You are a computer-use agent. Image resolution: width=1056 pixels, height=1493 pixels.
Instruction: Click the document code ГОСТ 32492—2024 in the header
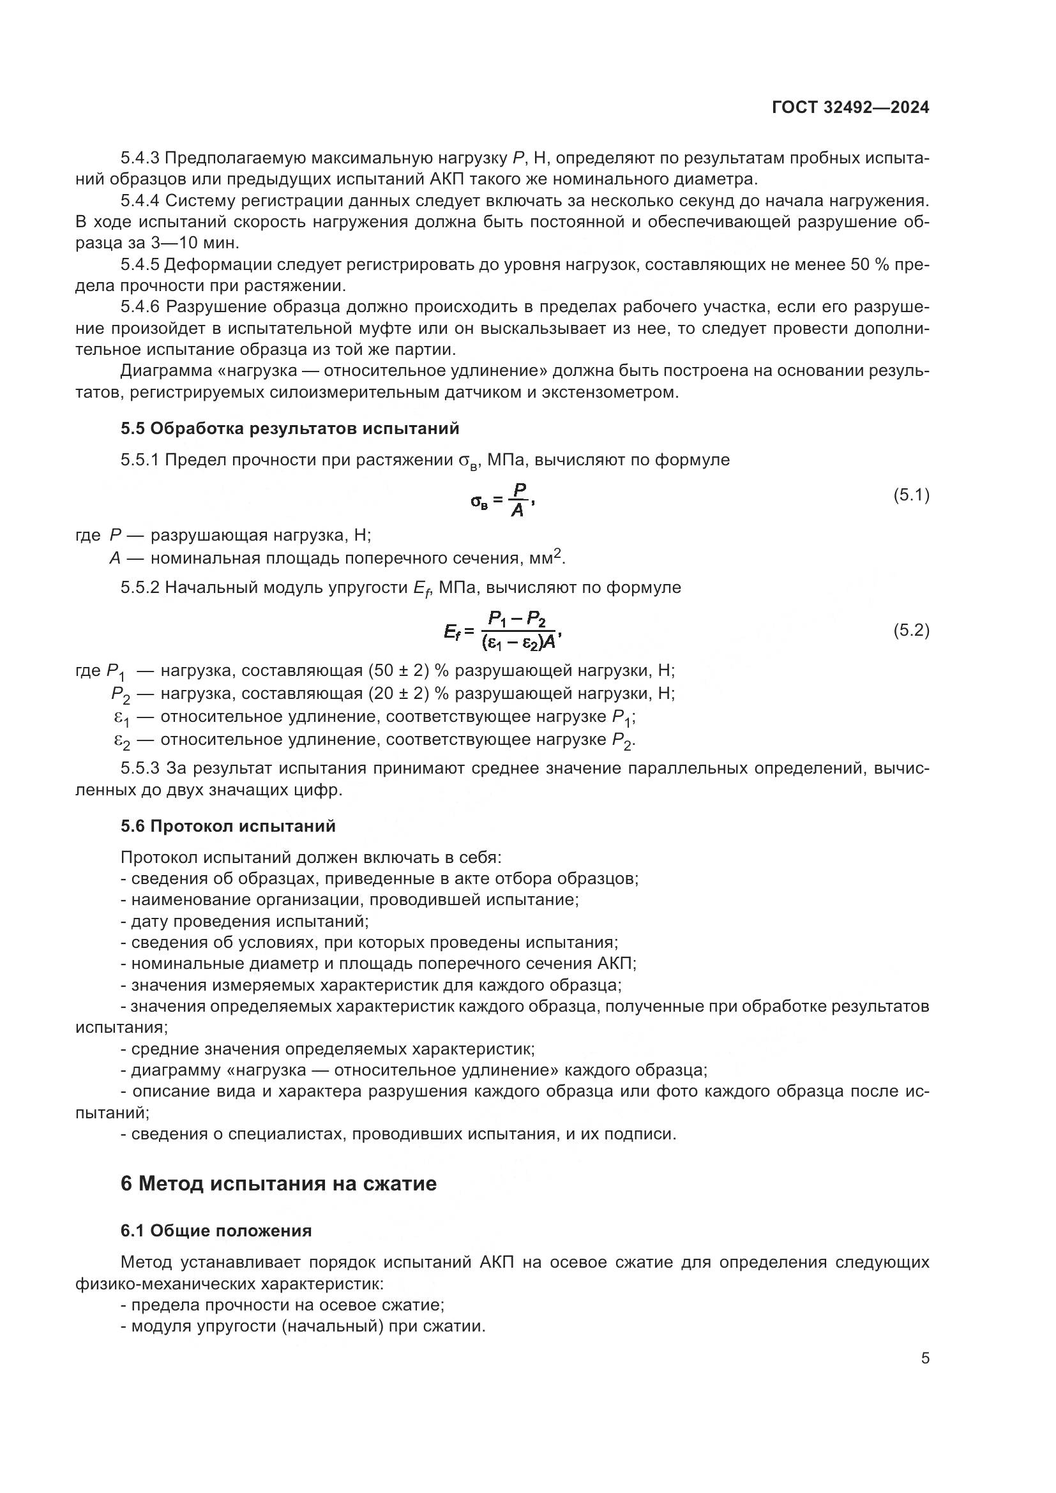click(x=850, y=108)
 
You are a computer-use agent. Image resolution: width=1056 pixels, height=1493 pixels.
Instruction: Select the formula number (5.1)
click(x=911, y=495)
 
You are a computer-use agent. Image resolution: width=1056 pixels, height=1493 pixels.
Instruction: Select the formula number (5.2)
click(x=911, y=630)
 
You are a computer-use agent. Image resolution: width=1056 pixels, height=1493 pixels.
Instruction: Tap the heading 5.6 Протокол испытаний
click(x=227, y=826)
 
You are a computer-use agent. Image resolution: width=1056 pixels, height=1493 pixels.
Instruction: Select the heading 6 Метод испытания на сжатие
click(x=278, y=1183)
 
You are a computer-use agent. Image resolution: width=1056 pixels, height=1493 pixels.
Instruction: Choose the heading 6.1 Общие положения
click(x=216, y=1231)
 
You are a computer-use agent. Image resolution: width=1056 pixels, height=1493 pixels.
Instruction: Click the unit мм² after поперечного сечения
click(x=548, y=557)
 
